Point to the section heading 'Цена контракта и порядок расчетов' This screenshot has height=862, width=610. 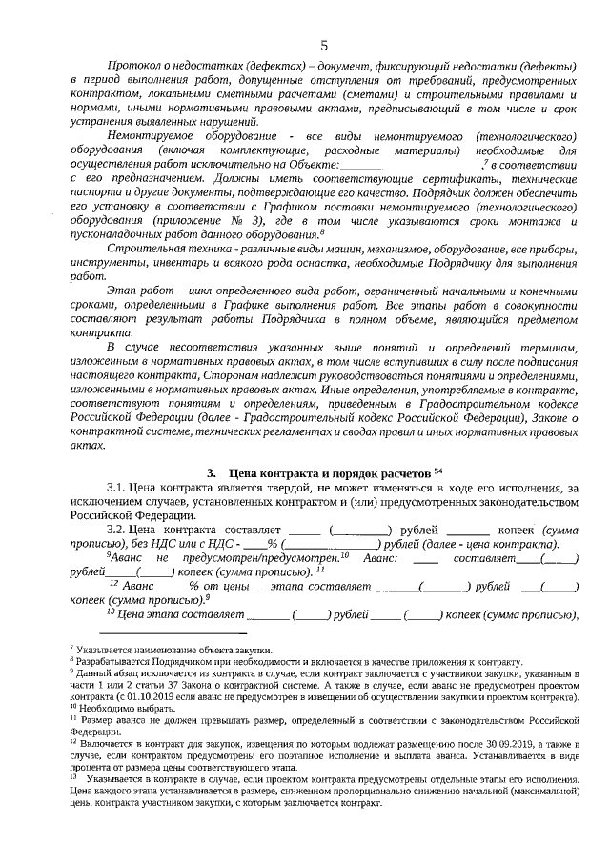point(330,473)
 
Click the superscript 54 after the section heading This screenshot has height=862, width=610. point(438,471)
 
